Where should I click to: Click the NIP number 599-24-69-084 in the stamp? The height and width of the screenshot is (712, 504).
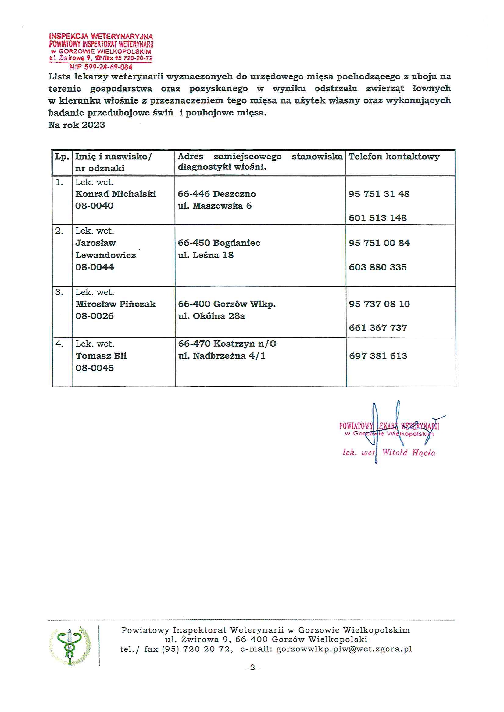pos(101,67)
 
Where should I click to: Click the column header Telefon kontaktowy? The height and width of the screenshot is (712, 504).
pos(394,157)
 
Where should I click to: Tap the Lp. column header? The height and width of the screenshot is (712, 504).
pos(62,157)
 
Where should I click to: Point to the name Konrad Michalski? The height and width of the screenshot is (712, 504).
pos(116,194)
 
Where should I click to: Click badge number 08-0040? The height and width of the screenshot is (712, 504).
pos(95,206)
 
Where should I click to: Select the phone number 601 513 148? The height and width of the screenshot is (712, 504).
pos(377,218)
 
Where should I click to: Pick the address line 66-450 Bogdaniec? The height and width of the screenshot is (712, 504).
pos(219,243)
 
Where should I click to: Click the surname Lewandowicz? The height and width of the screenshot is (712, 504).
pos(105,255)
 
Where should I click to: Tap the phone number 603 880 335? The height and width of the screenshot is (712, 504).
pos(377,267)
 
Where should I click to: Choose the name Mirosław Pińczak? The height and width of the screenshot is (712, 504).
pos(116,304)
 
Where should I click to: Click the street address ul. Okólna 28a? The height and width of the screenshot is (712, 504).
pos(212,316)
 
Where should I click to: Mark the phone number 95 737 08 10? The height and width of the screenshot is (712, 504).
pos(379,304)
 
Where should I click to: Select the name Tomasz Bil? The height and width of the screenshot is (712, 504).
pos(101,356)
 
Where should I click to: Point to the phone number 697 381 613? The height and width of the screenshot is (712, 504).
pos(378,356)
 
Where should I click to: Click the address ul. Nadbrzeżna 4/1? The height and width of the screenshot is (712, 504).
pos(222,356)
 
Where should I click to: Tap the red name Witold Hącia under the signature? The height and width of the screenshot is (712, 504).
pos(408,453)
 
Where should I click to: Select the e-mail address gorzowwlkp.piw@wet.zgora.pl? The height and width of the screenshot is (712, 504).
pos(344,649)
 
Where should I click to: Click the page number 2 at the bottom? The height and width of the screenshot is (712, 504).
pos(252,667)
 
